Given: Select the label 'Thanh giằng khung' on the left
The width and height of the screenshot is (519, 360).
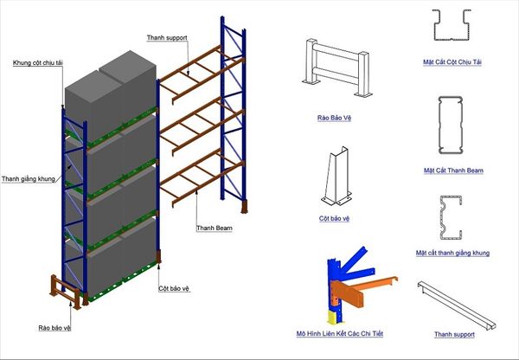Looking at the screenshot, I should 29,179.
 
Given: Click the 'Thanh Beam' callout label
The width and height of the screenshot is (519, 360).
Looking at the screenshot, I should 213,228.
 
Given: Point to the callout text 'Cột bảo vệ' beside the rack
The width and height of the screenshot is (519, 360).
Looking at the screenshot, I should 176,289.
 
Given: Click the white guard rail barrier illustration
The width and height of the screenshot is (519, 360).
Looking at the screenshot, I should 334,68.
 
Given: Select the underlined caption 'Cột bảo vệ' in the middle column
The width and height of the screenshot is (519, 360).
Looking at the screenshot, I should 335,219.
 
